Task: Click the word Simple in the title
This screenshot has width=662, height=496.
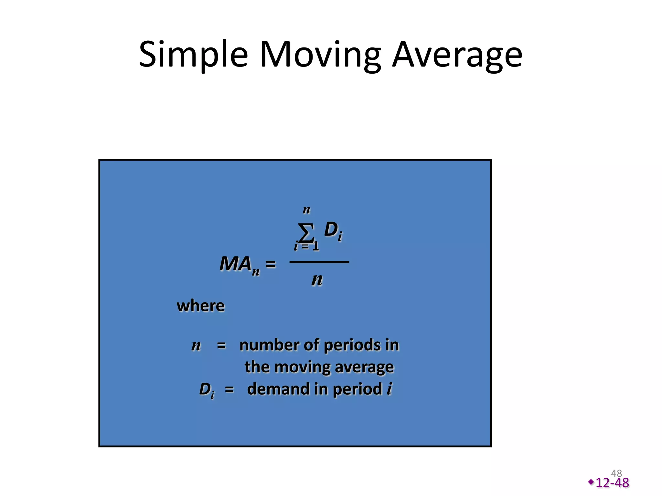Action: coord(193,55)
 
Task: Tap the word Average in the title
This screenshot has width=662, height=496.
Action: coord(457,55)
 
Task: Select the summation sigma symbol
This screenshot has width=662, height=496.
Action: coord(306,232)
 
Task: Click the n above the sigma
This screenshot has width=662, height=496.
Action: coord(306,210)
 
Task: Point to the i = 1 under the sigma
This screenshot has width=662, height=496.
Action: coord(306,246)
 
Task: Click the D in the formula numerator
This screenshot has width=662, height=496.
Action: coord(331,230)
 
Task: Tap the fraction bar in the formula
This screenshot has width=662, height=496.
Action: coord(319,262)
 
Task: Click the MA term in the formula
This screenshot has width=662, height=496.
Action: coord(236,264)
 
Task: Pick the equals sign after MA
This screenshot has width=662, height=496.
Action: coord(270,264)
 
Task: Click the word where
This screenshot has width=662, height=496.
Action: coord(200,305)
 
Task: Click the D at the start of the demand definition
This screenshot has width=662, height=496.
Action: coord(205,389)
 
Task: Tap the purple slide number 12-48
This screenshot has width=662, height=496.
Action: coord(612,483)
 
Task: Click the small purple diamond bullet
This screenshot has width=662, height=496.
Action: coord(591,482)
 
